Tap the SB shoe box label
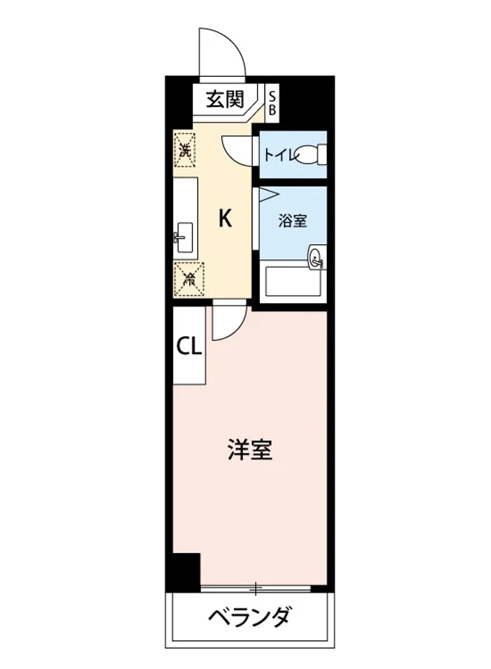coord(272,103)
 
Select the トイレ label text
coord(280,154)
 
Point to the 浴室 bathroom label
coord(292,221)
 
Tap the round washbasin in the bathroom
coord(316,258)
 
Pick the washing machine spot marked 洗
coord(185,149)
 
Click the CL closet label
coord(189,347)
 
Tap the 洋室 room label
coord(250,449)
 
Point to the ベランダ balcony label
coord(250,617)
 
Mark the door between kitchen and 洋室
coord(229,321)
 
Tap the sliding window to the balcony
coord(256,588)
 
